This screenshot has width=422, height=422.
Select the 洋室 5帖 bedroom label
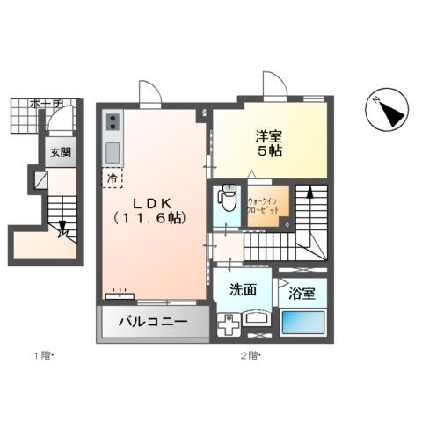[269, 142]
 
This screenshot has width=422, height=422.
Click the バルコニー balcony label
[153, 323]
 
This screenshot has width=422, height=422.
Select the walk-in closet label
[264, 206]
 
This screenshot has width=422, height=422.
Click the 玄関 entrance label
[60, 151]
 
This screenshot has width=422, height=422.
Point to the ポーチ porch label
[44, 104]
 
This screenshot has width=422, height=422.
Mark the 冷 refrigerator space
[112, 178]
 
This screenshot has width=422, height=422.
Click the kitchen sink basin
[113, 151]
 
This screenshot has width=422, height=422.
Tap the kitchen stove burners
[113, 122]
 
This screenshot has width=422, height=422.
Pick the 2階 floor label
[251, 357]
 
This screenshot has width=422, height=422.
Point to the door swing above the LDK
[149, 93]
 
